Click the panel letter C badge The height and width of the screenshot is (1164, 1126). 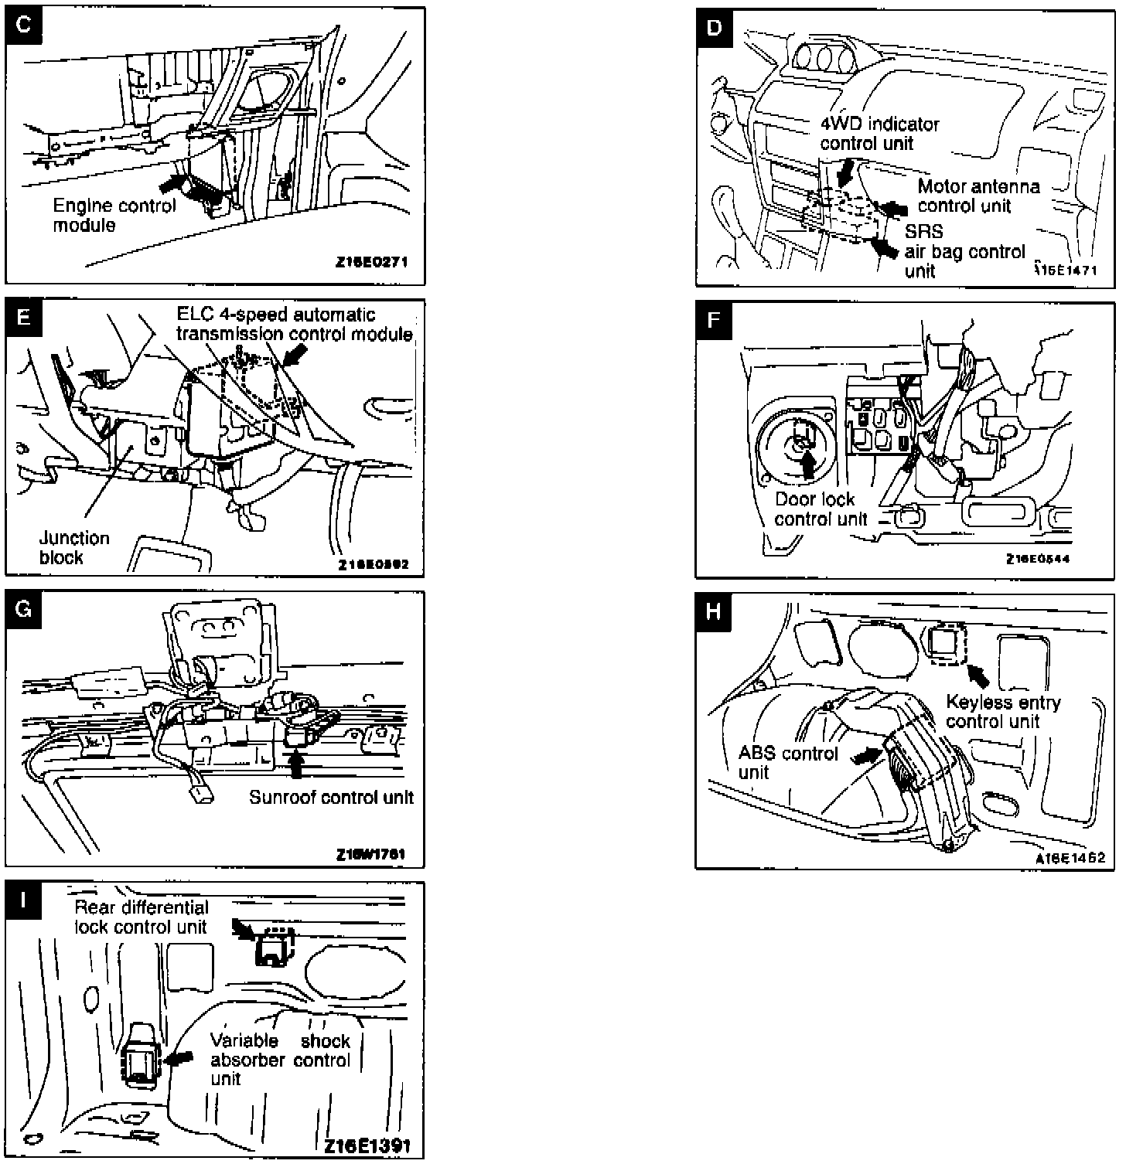24,25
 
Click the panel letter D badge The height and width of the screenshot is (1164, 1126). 714,28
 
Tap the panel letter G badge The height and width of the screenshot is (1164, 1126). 24,609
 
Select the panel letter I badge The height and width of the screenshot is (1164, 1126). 24,899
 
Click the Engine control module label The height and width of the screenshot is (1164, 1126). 114,216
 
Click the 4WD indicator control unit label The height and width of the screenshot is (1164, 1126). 879,134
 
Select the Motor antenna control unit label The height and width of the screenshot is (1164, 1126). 978,196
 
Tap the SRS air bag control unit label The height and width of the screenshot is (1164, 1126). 964,251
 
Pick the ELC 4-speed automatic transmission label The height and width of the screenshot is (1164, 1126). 294,325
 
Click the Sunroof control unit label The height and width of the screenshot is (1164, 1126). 331,798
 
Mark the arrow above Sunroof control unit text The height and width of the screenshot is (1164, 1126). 295,764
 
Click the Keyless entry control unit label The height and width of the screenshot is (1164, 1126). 1002,712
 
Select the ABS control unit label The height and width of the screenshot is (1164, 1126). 787,763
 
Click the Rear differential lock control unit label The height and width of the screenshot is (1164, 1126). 142,917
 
